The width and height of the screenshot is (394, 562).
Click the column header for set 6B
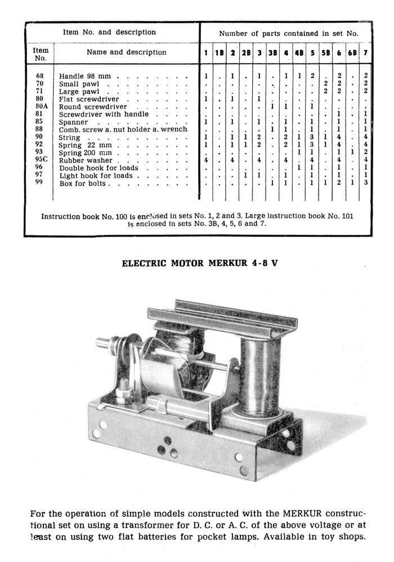pos(352,53)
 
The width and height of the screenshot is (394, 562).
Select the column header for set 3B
pos(272,53)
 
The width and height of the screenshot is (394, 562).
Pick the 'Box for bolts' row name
pos(83,183)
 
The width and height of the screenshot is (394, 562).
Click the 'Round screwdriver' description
pos(93,107)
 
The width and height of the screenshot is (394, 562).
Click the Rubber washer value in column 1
pos(206,160)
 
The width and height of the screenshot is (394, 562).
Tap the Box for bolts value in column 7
pos(366,183)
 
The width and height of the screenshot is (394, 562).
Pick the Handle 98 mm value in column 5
pos(312,75)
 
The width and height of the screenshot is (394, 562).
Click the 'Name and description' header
pos(127,52)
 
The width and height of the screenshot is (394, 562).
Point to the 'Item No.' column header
pos(41,54)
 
